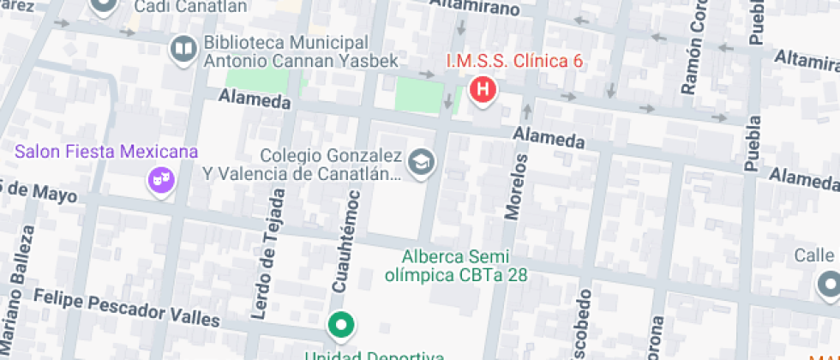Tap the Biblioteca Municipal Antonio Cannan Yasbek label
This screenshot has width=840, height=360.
288,52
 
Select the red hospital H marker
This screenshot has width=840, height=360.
483,89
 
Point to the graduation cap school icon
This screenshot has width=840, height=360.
421,163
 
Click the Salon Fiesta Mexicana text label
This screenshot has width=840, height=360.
107,153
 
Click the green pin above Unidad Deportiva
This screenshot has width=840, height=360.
342,325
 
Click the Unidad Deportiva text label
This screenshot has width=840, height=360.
376,354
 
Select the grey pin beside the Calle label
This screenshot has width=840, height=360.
829,282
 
